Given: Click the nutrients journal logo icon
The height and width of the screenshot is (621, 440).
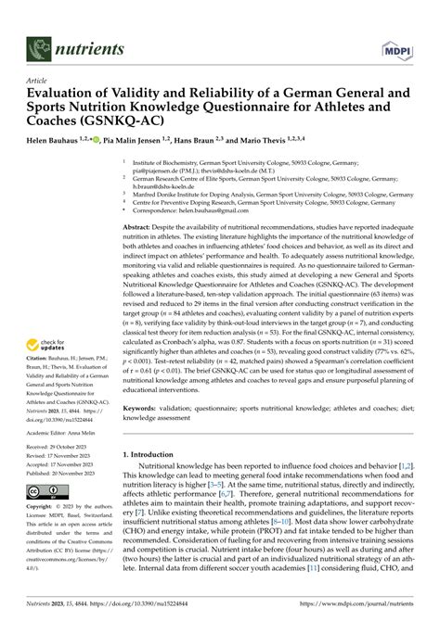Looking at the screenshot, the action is [38, 47].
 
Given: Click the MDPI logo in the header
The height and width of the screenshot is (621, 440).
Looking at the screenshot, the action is [397, 47].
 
